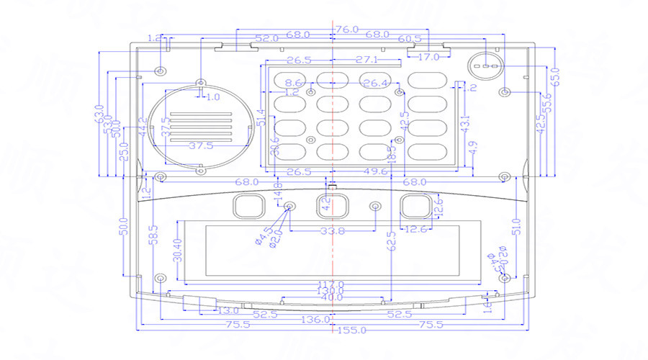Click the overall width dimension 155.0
point(352,330)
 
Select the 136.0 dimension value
point(318,319)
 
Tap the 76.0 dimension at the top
point(346,30)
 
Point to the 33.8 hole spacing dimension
point(332,231)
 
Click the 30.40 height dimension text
point(178,250)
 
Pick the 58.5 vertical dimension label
point(153,235)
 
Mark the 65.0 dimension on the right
point(554,74)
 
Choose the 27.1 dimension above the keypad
point(366,60)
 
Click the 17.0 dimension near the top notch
point(428,57)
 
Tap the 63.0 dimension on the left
point(99,114)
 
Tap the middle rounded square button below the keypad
point(333,205)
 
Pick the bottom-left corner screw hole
point(161,279)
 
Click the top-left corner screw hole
point(161,71)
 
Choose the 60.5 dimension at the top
point(409,39)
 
